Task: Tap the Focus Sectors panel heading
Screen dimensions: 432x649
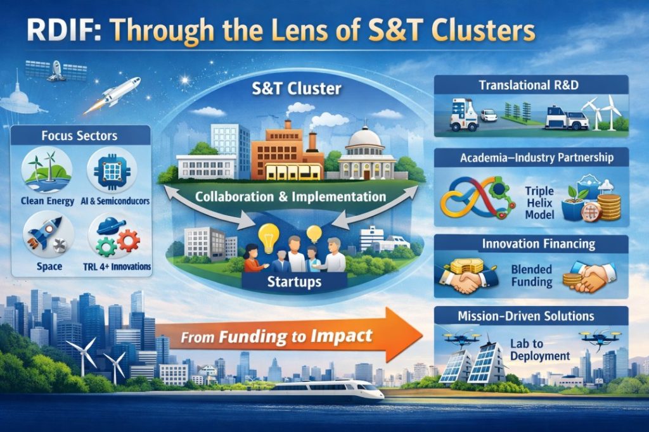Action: (80, 136)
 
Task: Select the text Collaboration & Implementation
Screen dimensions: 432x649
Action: (291, 197)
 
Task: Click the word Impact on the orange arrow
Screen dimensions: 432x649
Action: (341, 335)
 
